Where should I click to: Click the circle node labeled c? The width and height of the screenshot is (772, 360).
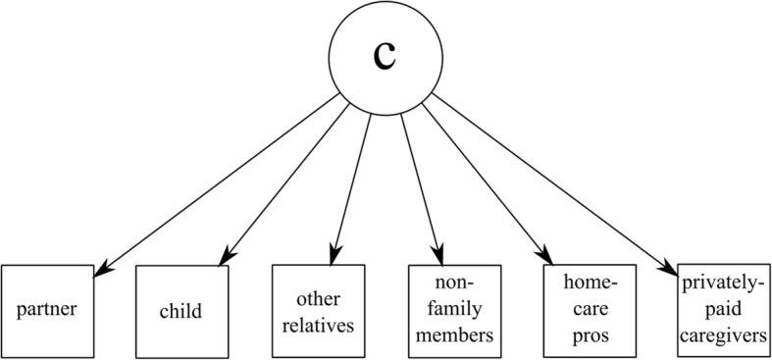click(386, 57)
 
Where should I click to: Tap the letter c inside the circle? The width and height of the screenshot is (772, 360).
click(386, 56)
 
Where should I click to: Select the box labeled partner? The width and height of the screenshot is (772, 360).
click(46, 310)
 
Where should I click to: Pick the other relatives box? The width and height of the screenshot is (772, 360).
click(318, 310)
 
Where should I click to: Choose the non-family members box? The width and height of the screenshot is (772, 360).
click(454, 311)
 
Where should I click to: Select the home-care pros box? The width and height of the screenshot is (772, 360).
click(590, 311)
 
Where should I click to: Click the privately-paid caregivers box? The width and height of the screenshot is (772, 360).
click(723, 311)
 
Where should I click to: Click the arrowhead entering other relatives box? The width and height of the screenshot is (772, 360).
click(336, 258)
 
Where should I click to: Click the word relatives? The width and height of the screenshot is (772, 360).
click(318, 327)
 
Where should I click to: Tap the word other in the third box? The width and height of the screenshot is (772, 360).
click(318, 296)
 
